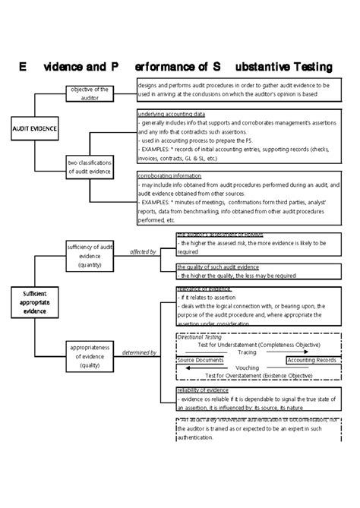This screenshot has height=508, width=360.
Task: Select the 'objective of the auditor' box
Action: click(x=90, y=93)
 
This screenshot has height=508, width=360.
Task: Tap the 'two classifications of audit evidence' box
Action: click(x=90, y=166)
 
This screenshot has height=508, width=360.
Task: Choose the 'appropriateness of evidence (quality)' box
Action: click(x=90, y=355)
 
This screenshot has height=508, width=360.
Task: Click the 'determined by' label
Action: click(x=140, y=352)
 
